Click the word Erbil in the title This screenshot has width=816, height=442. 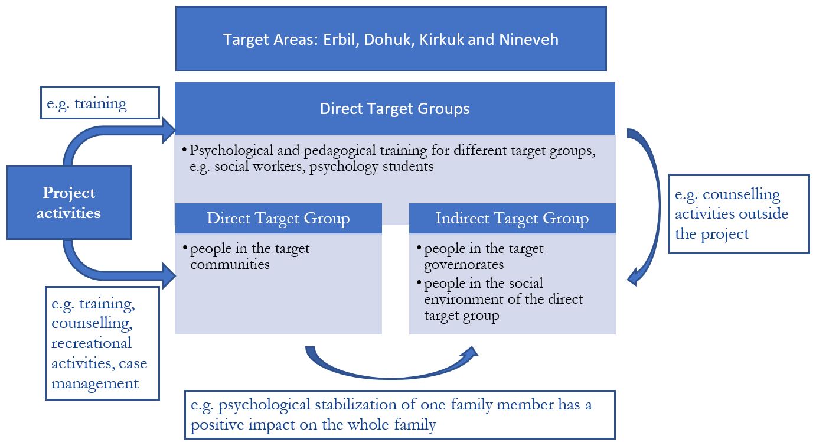click(340, 40)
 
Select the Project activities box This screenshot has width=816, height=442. click(69, 203)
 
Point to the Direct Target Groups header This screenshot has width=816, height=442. click(394, 109)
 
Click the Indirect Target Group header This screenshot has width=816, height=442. click(512, 218)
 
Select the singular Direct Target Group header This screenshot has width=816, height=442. click(278, 218)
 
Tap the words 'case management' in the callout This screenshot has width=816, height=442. click(97, 373)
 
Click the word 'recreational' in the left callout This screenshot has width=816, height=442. click(91, 343)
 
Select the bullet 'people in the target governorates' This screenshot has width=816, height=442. click(484, 256)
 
